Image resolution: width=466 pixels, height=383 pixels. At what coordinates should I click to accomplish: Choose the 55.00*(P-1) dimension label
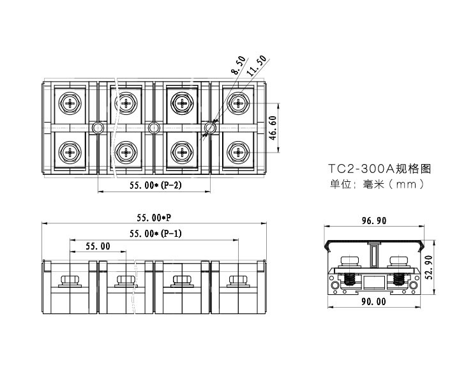click(155, 234)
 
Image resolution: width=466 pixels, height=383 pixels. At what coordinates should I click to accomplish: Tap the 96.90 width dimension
click(374, 221)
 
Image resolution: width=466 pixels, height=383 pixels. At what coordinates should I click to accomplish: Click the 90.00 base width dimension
click(374, 301)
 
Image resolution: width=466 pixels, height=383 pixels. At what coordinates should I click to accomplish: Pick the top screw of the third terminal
click(183, 103)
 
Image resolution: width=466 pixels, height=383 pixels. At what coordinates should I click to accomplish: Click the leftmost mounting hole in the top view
click(97, 128)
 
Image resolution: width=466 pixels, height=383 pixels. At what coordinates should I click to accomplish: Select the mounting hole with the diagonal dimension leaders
click(210, 128)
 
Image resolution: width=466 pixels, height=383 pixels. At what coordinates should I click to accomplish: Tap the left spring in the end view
click(349, 278)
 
